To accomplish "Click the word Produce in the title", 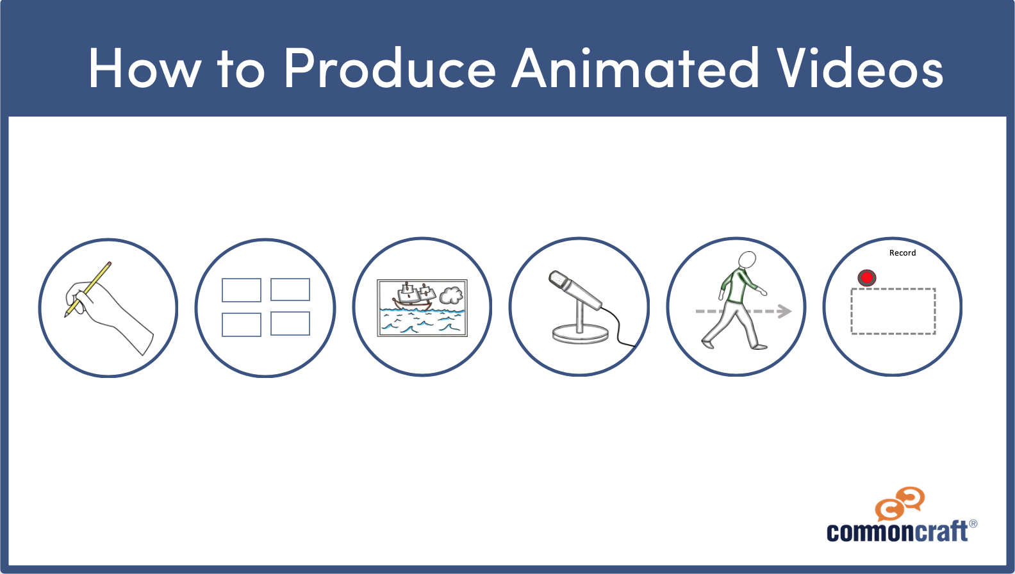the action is pyautogui.click(x=390, y=68).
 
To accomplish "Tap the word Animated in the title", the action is pyautogui.click(x=635, y=68).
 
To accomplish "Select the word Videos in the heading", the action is pyautogui.click(x=859, y=68).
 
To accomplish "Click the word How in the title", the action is pyautogui.click(x=145, y=68).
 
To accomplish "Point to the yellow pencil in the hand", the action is pyautogui.click(x=88, y=289).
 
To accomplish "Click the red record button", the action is pyautogui.click(x=867, y=278).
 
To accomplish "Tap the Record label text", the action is pyautogui.click(x=902, y=253).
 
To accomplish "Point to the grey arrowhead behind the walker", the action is pyautogui.click(x=784, y=311).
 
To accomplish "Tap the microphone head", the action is pyautogui.click(x=561, y=281).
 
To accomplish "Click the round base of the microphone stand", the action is pyautogui.click(x=580, y=335).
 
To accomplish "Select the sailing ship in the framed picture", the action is pyautogui.click(x=414, y=297).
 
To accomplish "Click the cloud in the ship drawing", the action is pyautogui.click(x=451, y=295).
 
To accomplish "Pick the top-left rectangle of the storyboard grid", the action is pyautogui.click(x=242, y=290).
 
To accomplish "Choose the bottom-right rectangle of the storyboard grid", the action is pyautogui.click(x=290, y=324).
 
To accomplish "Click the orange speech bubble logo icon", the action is pyautogui.click(x=900, y=504).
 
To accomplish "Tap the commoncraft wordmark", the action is pyautogui.click(x=897, y=532).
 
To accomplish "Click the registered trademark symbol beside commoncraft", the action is pyautogui.click(x=973, y=524).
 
